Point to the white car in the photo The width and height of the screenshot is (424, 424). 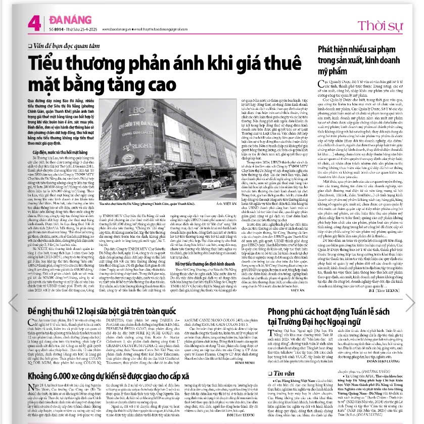[211, 184]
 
